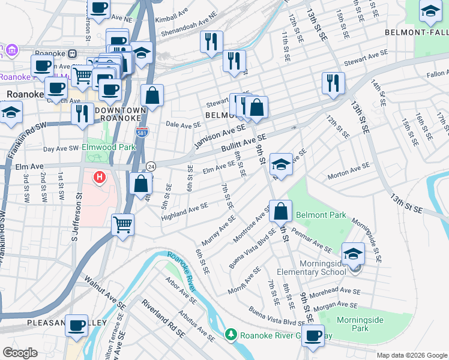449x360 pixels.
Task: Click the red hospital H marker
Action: coord(100,178)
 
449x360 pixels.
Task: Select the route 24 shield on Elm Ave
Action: coord(151,166)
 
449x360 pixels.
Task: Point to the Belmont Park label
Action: coord(330,214)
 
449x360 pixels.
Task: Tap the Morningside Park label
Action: coord(359,324)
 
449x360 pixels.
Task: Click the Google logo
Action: coord(20,353)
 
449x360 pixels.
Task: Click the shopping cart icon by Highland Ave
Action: coord(123,225)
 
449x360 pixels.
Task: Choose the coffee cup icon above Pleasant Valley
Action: coord(76,326)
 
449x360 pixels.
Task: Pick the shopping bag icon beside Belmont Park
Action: coord(280,211)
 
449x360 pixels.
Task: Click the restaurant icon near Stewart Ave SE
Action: coord(333,83)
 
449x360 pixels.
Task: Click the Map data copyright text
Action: coord(411,355)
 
